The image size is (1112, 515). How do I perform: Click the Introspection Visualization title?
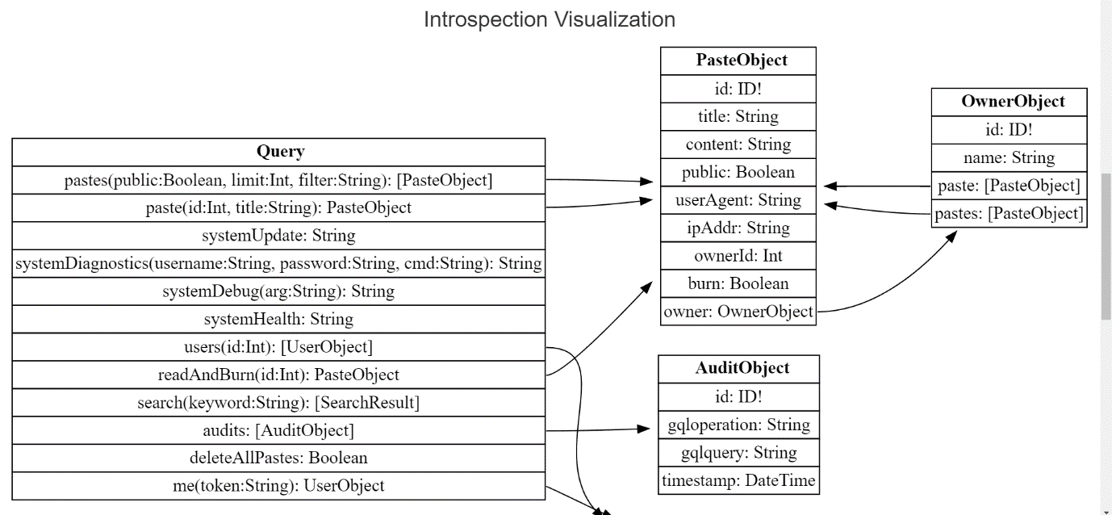tap(550, 19)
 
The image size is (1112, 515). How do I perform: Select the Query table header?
tap(279, 152)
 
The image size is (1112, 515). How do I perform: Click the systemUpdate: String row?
tap(279, 236)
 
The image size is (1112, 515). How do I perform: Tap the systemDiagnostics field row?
tap(279, 264)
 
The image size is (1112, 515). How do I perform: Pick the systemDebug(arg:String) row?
tap(279, 291)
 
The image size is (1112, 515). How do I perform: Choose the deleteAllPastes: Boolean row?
tap(279, 458)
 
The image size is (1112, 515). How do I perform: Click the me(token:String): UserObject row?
tap(279, 486)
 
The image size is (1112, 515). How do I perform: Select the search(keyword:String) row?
tap(279, 402)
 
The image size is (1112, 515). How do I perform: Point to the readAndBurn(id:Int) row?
tap(279, 375)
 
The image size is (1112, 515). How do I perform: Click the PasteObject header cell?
tap(738, 61)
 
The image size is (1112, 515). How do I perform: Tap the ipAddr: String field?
tap(738, 228)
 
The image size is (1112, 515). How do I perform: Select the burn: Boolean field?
tap(738, 283)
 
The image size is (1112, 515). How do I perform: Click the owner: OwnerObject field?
tap(738, 312)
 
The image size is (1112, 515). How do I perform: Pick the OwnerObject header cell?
tap(1009, 102)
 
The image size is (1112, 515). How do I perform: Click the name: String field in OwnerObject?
tap(1009, 157)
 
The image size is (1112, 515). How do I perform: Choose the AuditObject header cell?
tap(738, 368)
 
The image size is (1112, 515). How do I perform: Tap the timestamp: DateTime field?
tap(738, 481)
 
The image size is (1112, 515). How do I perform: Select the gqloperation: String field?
tap(738, 425)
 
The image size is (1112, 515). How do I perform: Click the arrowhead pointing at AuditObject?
tap(645, 429)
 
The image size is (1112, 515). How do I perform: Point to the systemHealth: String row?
tap(279, 319)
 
